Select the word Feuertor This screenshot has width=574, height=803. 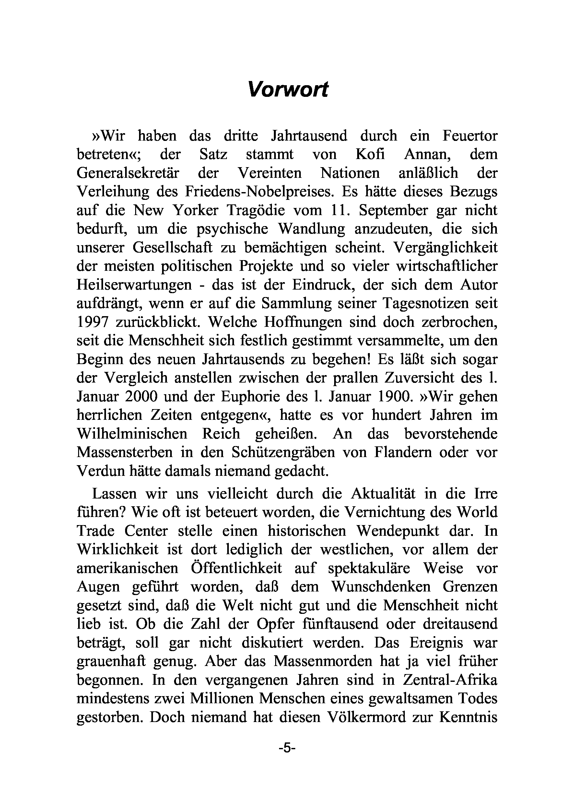pos(470,136)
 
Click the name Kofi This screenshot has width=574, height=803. pos(370,155)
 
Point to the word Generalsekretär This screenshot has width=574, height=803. pos(128,173)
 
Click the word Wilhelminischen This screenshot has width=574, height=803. pos(132,433)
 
